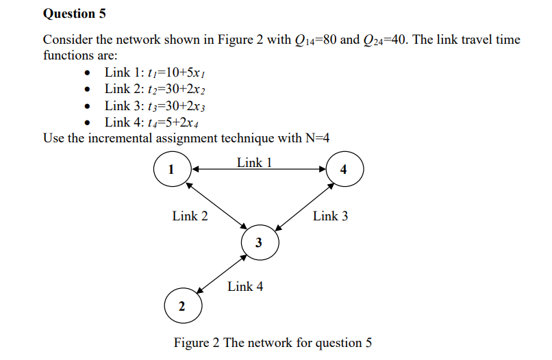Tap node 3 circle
[260, 242]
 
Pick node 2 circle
[182, 306]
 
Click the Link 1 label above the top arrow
[255, 162]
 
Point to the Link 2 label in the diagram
[190, 216]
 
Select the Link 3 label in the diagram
[330, 216]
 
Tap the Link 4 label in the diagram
[245, 287]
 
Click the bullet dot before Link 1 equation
[86, 73]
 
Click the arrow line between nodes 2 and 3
[221, 274]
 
